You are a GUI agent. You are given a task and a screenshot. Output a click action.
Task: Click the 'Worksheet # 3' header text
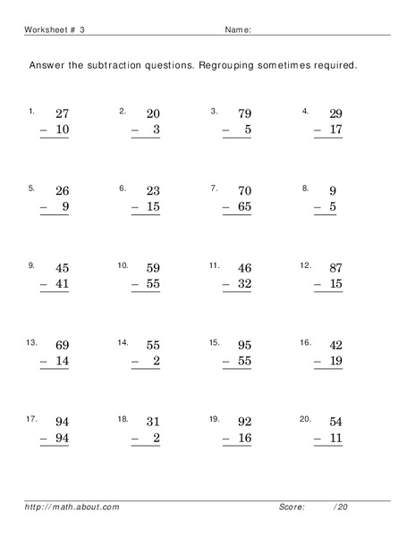coord(55,29)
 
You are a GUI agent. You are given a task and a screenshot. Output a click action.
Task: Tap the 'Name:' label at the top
coord(237,29)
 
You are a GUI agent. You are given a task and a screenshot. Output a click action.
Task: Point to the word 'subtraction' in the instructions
coord(131,65)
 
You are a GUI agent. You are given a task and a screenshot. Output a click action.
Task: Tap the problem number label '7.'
coord(214,188)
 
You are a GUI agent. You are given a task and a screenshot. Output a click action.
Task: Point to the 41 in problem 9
coord(62,283)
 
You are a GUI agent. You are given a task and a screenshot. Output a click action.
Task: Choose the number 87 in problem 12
coord(335,267)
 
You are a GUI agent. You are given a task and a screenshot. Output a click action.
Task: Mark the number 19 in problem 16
coord(335,360)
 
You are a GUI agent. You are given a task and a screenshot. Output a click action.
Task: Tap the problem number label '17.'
coord(33,418)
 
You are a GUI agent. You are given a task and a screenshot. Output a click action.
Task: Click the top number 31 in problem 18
coord(153,421)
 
